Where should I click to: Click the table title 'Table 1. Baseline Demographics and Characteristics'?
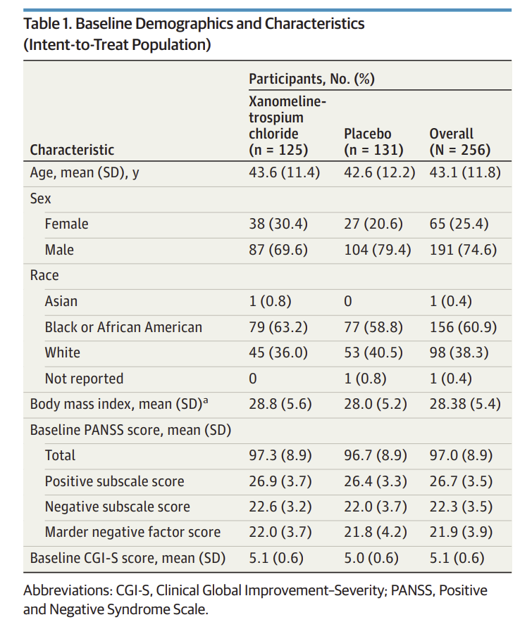click(194, 23)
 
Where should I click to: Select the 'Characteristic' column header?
click(72, 150)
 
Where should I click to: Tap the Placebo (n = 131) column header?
click(373, 141)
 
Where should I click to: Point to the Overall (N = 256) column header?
click(459, 141)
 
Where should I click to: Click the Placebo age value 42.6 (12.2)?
click(379, 172)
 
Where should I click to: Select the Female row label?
click(66, 224)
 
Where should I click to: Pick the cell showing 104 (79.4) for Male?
click(377, 250)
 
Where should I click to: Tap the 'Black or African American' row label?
click(123, 327)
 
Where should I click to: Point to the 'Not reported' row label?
click(84, 379)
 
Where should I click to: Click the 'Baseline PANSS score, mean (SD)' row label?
click(130, 430)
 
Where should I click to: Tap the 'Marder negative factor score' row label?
click(132, 533)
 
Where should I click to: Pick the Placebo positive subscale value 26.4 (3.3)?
click(375, 482)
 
